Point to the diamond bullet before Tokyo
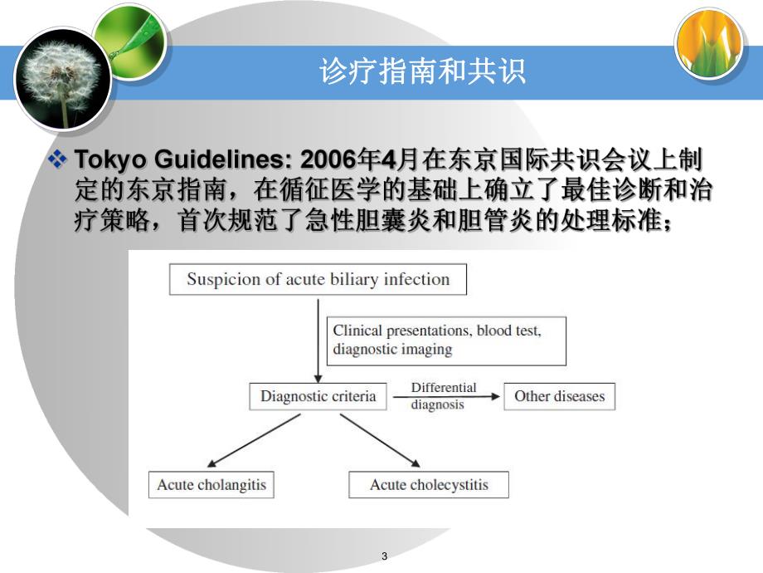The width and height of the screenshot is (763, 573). point(57,158)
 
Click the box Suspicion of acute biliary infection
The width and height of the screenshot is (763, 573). point(318,279)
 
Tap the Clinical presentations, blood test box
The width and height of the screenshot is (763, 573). point(446,340)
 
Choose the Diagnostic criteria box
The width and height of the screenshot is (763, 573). point(318,396)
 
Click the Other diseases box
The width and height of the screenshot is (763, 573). point(559,396)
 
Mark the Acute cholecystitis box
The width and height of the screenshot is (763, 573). point(429,484)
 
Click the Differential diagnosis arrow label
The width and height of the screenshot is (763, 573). point(444,396)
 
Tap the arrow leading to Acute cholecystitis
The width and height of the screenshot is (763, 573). point(383,440)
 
